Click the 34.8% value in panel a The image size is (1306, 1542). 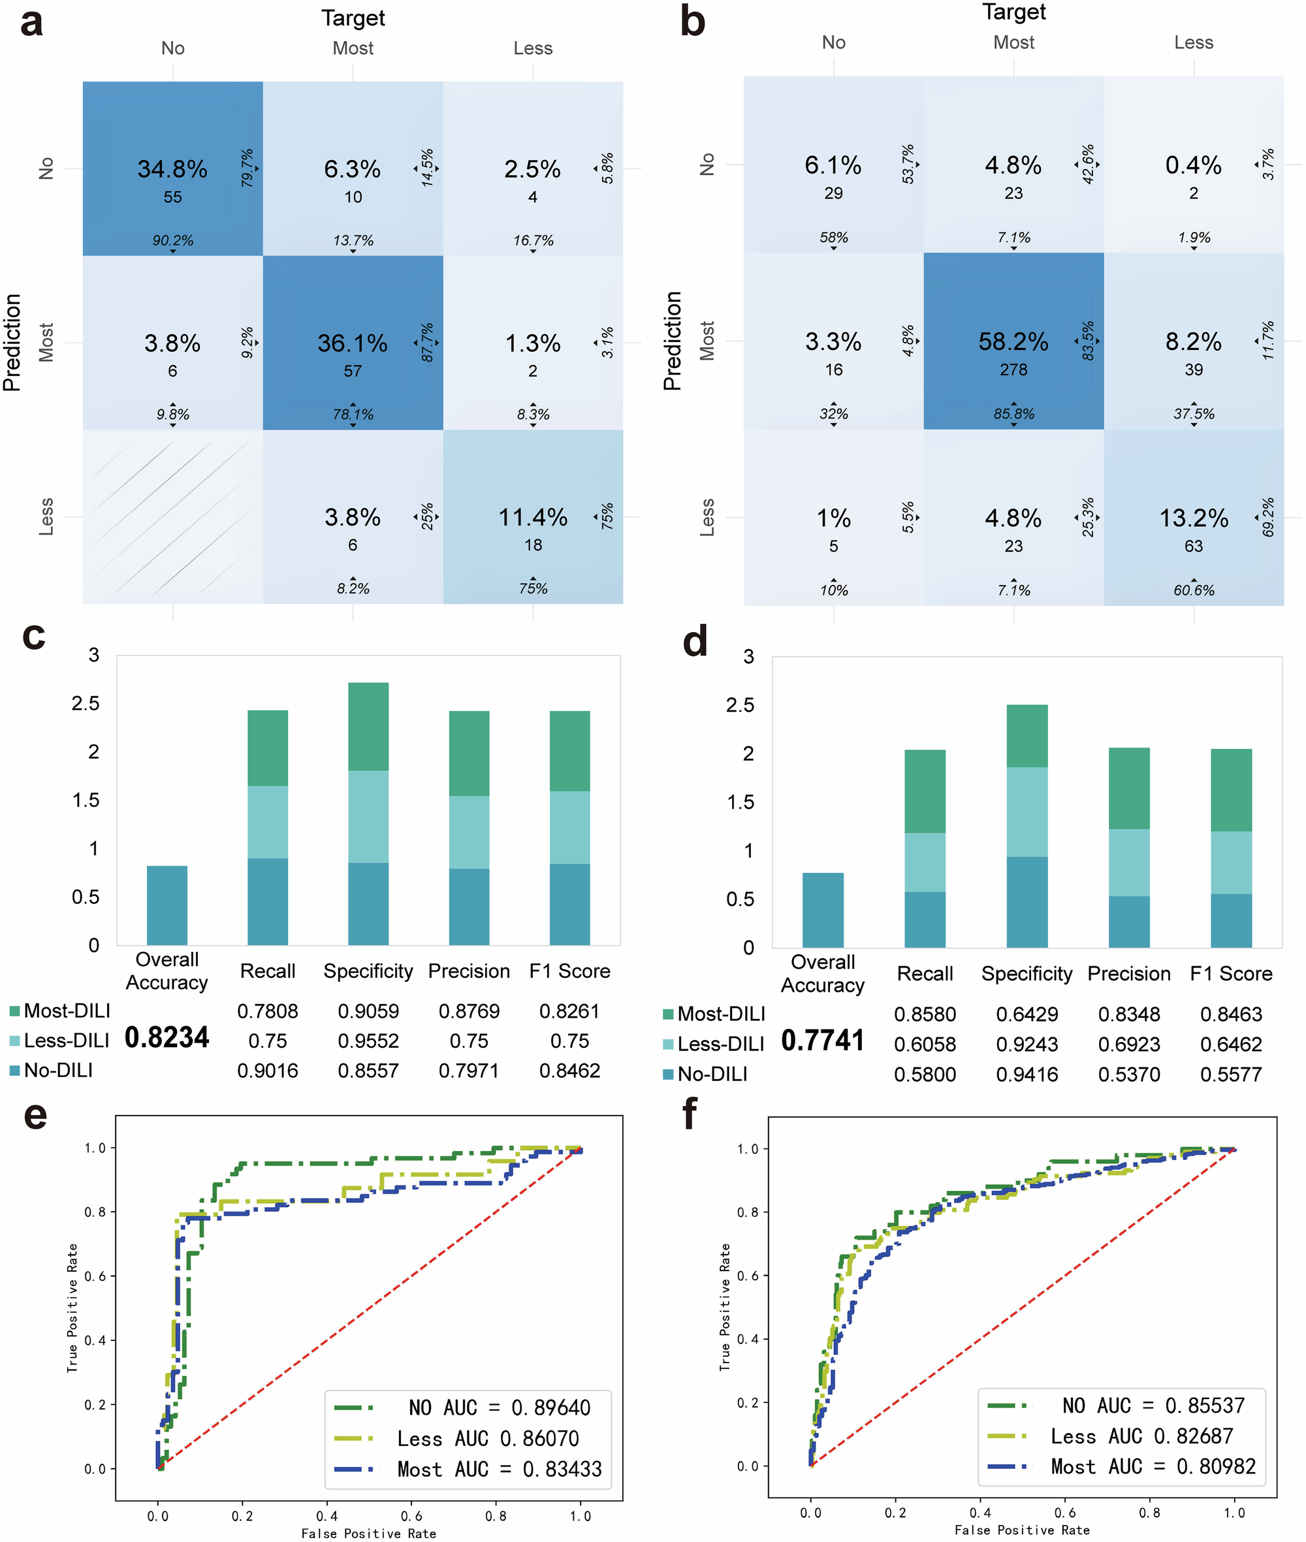[172, 169]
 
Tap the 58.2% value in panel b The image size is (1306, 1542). [1013, 341]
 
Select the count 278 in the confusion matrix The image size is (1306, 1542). [1013, 370]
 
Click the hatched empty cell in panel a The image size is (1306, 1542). [172, 516]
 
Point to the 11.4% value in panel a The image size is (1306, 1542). [532, 516]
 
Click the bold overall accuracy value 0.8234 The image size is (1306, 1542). [167, 1037]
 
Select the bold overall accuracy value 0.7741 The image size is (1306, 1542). [823, 1040]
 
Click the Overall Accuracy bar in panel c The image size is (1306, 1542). [167, 905]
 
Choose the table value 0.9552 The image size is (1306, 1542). [368, 1041]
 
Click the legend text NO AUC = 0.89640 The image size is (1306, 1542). [499, 1408]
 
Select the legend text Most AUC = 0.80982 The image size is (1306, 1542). [1153, 1466]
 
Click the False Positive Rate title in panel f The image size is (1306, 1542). [1022, 1530]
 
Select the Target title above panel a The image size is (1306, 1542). [353, 18]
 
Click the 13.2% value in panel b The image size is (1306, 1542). [1193, 518]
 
